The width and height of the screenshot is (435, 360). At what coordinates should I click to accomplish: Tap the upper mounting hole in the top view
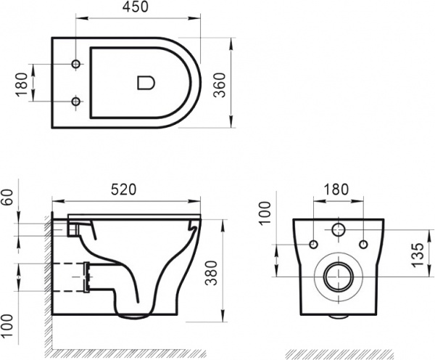point(76,65)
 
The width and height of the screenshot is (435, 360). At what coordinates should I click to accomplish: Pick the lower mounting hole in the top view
point(76,100)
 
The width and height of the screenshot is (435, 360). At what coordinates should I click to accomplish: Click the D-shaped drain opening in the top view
point(145,83)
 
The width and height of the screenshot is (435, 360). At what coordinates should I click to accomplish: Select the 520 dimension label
point(125,189)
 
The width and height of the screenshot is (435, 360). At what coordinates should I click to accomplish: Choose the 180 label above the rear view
point(336,188)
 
